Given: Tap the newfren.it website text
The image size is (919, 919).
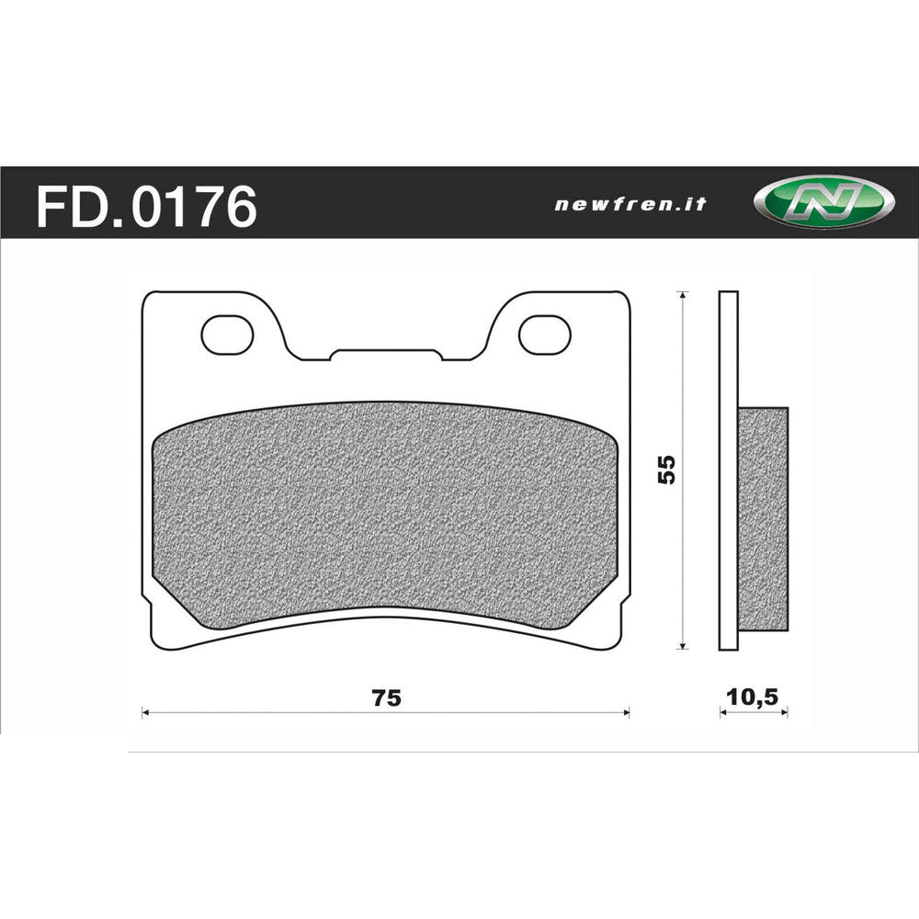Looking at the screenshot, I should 630,204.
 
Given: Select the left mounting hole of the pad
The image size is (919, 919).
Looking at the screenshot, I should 226,335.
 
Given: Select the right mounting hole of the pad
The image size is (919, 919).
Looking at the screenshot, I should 543,335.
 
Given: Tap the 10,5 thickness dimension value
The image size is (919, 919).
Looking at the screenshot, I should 752,697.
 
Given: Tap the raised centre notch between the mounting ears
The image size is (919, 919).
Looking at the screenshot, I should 386,354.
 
